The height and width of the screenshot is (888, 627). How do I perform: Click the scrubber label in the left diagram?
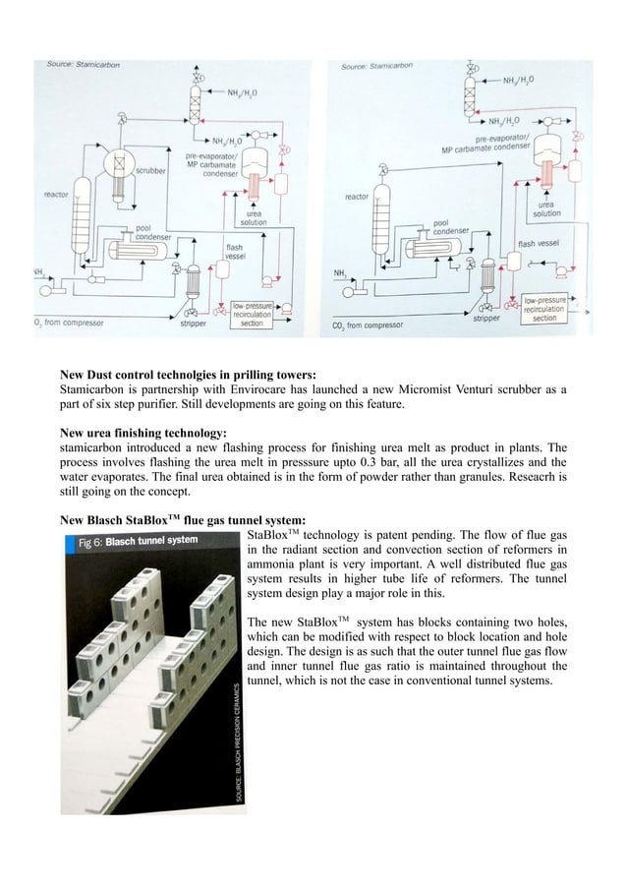click(148, 170)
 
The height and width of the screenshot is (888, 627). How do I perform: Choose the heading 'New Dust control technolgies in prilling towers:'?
click(188, 376)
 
